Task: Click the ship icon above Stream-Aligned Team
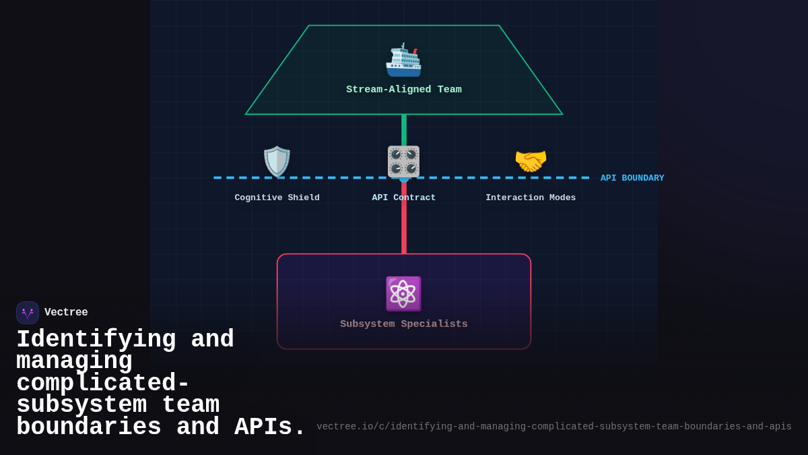point(403,60)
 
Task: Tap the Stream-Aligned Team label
point(404,90)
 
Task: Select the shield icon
point(277,162)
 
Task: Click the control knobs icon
point(403,162)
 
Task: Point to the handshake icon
point(531,162)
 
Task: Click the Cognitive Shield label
point(277,198)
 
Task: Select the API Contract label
point(404,198)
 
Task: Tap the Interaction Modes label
point(531,198)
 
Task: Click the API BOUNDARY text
point(632,178)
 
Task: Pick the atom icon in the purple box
point(403,294)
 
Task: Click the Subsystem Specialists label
point(404,324)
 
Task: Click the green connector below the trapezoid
point(404,129)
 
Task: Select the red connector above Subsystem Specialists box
point(404,219)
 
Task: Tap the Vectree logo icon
point(28,313)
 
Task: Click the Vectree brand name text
point(66,313)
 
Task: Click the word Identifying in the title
point(96,340)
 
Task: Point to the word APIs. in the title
point(270,427)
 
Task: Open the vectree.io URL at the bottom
point(553,427)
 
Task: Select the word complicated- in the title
point(103,384)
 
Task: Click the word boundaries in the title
point(88,427)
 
